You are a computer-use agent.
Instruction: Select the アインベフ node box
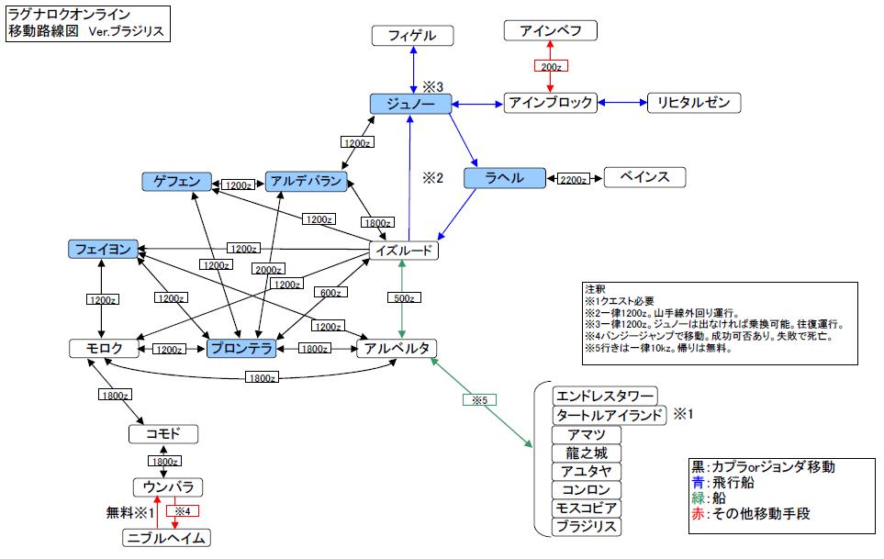coord(551,31)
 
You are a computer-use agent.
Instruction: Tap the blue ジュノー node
coord(410,104)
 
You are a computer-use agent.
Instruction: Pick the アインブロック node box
coord(550,103)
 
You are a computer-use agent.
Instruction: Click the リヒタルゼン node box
coord(693,103)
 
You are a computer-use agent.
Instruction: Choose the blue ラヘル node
coord(506,178)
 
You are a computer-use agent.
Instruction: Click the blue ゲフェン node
coord(177,182)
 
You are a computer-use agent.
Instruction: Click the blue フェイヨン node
coord(103,249)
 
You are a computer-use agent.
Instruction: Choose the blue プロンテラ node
coord(241,349)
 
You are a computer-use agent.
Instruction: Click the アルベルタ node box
coord(397,349)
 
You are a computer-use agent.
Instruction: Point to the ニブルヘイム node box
coord(166,538)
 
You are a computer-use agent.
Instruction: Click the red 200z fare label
coord(551,66)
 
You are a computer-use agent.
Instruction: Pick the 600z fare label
coord(330,292)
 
